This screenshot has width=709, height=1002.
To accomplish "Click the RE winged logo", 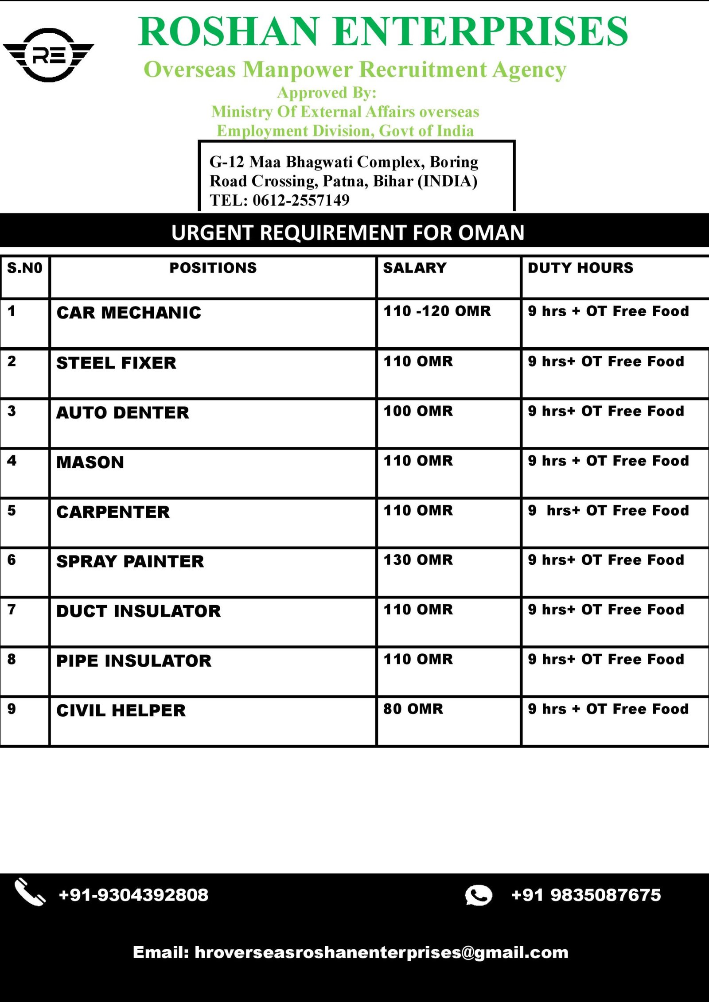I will click(48, 55).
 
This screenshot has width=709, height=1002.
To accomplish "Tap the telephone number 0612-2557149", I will click(301, 200).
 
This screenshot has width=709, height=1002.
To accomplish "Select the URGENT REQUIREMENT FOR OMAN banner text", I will click(348, 233).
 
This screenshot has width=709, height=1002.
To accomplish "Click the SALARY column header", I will click(415, 268).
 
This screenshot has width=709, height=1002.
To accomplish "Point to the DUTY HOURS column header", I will click(580, 268).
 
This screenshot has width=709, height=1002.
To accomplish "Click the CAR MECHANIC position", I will click(129, 313).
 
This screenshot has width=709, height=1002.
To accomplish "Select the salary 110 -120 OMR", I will click(437, 311).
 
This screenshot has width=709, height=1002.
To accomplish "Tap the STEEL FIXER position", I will click(116, 363).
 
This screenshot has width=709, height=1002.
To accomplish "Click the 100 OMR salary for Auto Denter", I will click(418, 411).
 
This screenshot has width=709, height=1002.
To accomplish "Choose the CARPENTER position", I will click(113, 512).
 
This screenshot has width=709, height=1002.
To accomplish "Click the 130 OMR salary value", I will click(418, 560).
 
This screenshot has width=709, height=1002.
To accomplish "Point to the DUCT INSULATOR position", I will click(138, 611).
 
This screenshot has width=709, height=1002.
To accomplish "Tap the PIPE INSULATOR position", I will click(134, 661).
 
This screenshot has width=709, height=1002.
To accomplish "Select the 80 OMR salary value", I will click(413, 709).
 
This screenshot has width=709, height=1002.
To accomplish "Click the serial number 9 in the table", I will click(12, 709).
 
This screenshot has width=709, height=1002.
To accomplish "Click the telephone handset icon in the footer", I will click(30, 893).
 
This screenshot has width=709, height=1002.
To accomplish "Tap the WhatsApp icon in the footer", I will click(478, 895).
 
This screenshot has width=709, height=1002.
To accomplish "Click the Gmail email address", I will click(381, 952).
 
